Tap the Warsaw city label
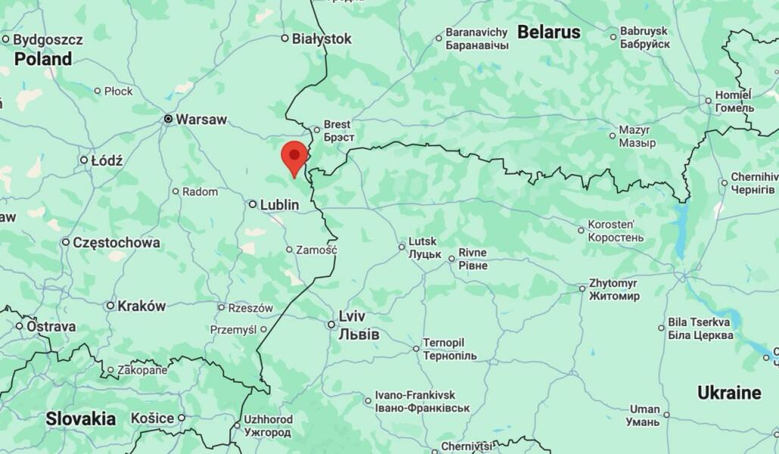point(201,120)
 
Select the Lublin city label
point(279,205)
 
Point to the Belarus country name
point(549,33)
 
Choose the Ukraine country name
point(729,393)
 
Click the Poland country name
point(43,59)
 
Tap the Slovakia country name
point(80,418)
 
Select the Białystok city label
point(322,39)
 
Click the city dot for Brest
point(317,130)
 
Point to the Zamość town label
point(316,250)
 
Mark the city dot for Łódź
point(84,160)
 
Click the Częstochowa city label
point(116,243)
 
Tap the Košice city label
point(152,418)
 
